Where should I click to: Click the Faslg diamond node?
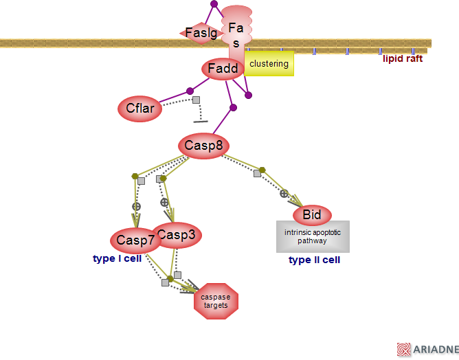point(200,32)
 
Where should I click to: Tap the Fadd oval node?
point(223,69)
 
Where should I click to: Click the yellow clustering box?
point(269,64)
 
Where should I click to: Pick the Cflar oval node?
point(140,108)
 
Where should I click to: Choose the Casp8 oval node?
point(203,146)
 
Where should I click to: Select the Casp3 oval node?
point(177,235)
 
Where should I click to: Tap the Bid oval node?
point(312,215)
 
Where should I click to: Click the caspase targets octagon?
point(216,301)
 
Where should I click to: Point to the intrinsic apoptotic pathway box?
point(313,237)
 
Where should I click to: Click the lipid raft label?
point(403,59)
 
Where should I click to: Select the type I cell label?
point(117,259)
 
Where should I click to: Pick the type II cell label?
point(314,260)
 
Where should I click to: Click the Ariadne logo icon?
point(404,350)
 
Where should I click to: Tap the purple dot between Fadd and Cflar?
point(190,91)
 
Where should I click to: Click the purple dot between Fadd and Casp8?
point(233,107)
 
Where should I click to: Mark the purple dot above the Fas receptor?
point(214,4)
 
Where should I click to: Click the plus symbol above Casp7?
point(137,206)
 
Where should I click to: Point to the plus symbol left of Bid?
point(284,194)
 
